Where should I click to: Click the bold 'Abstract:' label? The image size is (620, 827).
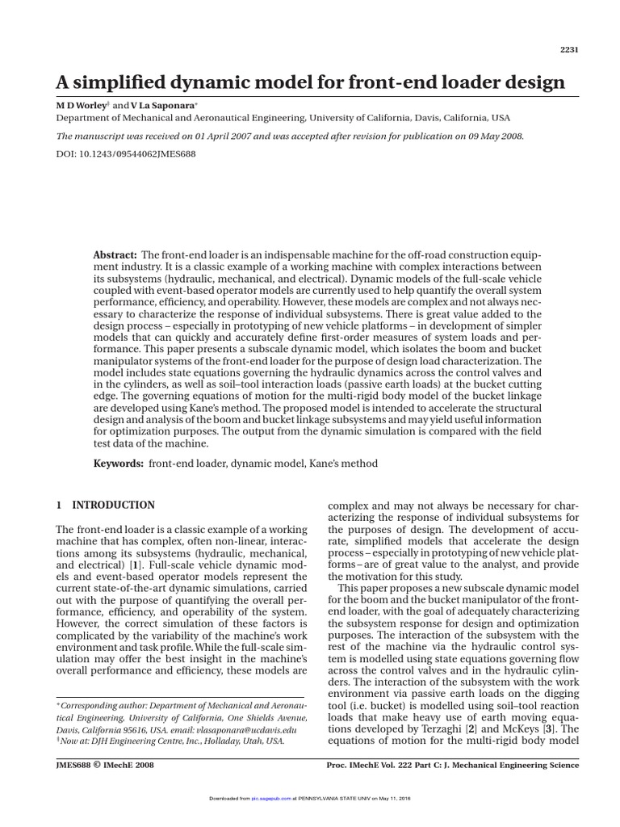point(115,255)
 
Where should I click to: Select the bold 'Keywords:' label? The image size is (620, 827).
point(119,464)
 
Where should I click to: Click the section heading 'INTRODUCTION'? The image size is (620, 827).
point(113,506)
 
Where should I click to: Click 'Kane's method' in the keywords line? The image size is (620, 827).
point(339,464)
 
